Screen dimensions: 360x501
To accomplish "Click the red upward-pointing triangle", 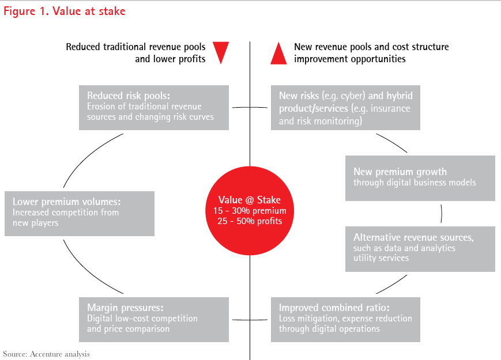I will tap(278, 53).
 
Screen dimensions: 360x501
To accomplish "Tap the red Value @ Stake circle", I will tap(250, 210).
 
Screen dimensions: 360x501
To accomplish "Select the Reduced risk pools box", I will tap(154, 107).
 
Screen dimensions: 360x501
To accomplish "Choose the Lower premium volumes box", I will tap(80, 213).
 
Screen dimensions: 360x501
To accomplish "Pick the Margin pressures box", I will tap(154, 319).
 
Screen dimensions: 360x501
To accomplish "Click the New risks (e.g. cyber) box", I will tap(345, 107).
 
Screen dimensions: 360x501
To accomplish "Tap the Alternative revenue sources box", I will tap(420, 248).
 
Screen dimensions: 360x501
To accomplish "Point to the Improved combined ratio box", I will tap(345, 319).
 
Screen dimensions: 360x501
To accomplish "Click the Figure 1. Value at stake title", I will tap(64, 11).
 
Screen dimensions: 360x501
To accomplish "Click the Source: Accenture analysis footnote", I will tap(46, 353).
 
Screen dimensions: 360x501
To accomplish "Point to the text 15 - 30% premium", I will tap(250, 211).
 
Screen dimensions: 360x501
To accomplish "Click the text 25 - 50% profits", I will tap(250, 221).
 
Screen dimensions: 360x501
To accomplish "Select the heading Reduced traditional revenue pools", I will tap(135, 47).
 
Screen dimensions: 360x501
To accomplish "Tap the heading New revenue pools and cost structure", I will tap(371, 47).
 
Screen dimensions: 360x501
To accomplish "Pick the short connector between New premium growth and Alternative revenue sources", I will tap(441, 213).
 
